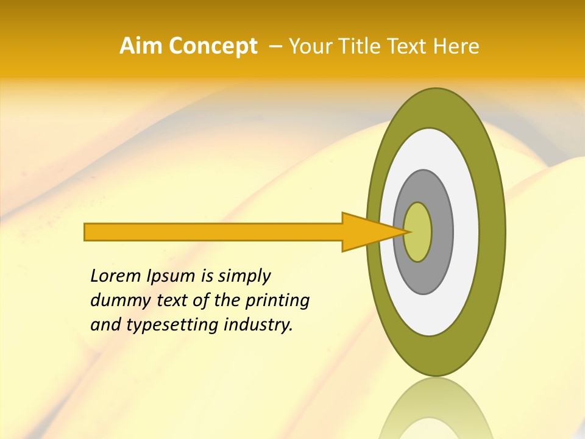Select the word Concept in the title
213,46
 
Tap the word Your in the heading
308,46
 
